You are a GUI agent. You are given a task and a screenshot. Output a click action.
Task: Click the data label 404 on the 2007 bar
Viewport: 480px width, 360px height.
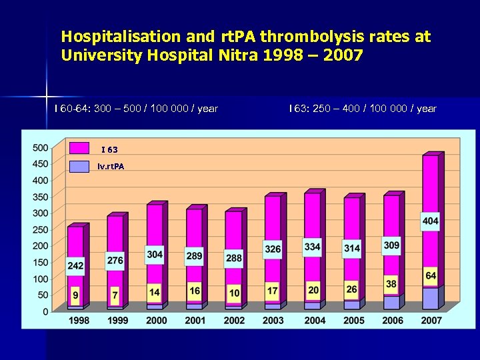pos(430,221)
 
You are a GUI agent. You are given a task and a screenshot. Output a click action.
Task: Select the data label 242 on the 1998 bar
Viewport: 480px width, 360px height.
pos(75,266)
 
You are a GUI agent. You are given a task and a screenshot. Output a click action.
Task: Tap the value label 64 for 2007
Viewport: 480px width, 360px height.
pos(431,275)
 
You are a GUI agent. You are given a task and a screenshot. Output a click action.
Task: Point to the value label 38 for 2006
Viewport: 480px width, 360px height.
pos(391,284)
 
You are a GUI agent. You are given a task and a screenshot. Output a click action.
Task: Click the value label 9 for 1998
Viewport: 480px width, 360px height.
pos(75,294)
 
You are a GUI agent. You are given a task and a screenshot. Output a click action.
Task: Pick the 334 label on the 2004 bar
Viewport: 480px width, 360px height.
pos(312,247)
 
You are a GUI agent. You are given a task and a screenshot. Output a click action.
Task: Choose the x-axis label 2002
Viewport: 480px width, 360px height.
pos(235,321)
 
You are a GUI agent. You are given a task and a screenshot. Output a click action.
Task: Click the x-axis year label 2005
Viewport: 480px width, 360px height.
pos(353,321)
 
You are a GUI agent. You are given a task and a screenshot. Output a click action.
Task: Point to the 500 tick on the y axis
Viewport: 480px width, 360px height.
pos(40,147)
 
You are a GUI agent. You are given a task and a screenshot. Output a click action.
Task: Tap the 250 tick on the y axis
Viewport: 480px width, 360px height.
pos(40,229)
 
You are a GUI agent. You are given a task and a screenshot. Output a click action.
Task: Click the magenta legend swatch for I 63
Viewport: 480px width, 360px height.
pos(79,148)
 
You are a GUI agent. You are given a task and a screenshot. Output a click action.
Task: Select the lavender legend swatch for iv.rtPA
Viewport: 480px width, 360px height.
pos(79,166)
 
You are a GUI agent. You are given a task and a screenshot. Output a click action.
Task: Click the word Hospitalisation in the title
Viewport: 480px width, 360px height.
pos(111,37)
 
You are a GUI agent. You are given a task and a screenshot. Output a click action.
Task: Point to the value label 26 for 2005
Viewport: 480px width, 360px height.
pos(351,289)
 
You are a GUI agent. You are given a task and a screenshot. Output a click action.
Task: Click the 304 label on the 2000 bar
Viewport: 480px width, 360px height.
pos(155,255)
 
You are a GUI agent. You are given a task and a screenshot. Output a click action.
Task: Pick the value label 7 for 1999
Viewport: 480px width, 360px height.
pos(115,294)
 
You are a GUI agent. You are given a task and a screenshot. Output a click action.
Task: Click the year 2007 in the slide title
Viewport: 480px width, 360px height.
pos(341,55)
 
